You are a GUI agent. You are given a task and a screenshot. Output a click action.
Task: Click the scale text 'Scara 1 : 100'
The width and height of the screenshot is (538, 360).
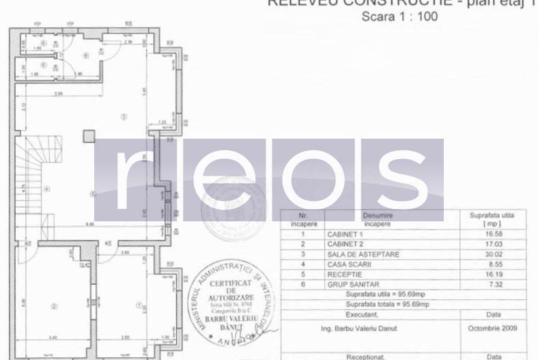(x=399, y=17)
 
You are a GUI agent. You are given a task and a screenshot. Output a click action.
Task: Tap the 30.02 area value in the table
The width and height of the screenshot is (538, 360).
(x=492, y=253)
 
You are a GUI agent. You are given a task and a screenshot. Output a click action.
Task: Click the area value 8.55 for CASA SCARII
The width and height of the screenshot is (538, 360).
(x=492, y=263)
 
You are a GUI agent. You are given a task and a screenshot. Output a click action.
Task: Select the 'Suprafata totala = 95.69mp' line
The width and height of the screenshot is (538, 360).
(x=388, y=304)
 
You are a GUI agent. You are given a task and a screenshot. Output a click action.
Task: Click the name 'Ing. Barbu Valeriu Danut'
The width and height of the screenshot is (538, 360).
(x=369, y=328)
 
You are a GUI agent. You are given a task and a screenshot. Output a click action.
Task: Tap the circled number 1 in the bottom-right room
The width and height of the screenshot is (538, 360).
(x=139, y=305)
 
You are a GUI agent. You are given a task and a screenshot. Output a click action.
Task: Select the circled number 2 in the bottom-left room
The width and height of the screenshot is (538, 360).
(x=55, y=305)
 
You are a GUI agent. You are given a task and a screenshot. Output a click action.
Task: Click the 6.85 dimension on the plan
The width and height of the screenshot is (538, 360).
(x=90, y=223)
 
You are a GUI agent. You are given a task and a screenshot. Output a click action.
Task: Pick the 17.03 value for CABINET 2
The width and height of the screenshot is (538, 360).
(x=492, y=244)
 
